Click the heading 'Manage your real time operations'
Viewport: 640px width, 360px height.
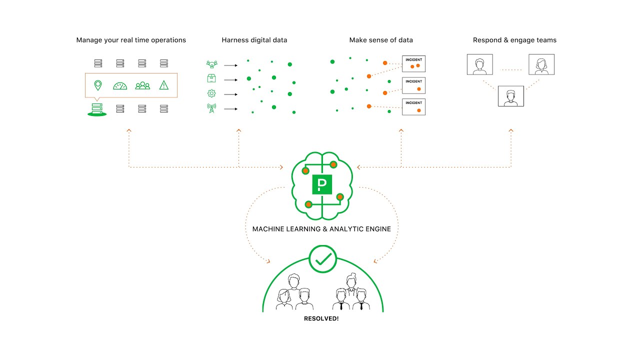point(131,40)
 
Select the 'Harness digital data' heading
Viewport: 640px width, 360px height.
point(254,40)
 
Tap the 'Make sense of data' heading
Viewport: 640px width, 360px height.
point(381,40)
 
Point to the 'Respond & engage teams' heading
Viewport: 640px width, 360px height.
point(514,40)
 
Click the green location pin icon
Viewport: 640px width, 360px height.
point(98,85)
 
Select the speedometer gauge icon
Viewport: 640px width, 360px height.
point(120,85)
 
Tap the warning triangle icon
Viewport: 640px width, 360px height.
point(164,85)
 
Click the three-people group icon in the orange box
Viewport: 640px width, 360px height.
point(142,85)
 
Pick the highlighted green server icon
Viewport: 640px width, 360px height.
point(97,109)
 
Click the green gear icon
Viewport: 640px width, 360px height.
point(211,93)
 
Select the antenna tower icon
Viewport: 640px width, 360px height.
point(211,108)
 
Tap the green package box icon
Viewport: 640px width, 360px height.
point(211,78)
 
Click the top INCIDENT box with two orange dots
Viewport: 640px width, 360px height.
point(413,63)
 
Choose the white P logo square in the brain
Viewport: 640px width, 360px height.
point(322,185)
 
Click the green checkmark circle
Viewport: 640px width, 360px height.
point(323,259)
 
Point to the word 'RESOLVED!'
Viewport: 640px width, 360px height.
point(321,318)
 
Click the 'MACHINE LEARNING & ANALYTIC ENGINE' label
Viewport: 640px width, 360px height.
point(321,229)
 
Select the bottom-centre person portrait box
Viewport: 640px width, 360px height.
point(510,96)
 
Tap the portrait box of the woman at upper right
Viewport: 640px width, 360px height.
point(541,64)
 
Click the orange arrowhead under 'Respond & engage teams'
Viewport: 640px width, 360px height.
point(511,130)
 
